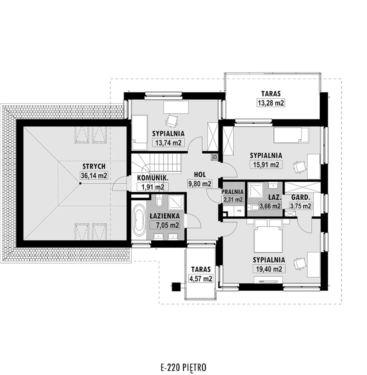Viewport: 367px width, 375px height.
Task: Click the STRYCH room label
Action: pyautogui.click(x=94, y=166)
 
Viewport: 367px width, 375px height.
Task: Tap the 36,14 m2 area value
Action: pyautogui.click(x=94, y=176)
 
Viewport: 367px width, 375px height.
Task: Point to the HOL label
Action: pyautogui.click(x=200, y=175)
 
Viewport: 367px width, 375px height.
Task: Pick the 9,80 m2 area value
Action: pyautogui.click(x=200, y=184)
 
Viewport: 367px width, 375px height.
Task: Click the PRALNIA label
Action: pyautogui.click(x=233, y=192)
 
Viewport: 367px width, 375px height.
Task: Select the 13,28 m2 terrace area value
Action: pyautogui.click(x=271, y=103)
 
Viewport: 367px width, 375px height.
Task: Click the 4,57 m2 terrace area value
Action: pyautogui.click(x=201, y=278)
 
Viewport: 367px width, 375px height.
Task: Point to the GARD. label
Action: pyautogui.click(x=300, y=197)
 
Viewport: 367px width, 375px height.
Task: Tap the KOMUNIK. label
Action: pyautogui.click(x=153, y=178)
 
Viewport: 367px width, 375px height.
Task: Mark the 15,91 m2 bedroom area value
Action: pyautogui.click(x=266, y=164)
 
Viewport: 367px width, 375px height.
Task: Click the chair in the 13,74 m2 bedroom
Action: pyautogui.click(x=171, y=121)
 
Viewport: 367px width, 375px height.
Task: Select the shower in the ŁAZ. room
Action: pyautogui.click(x=256, y=190)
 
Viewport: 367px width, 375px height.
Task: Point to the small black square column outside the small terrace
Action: pyautogui.click(x=176, y=286)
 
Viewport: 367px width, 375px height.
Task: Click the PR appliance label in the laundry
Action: pyautogui.click(x=239, y=211)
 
